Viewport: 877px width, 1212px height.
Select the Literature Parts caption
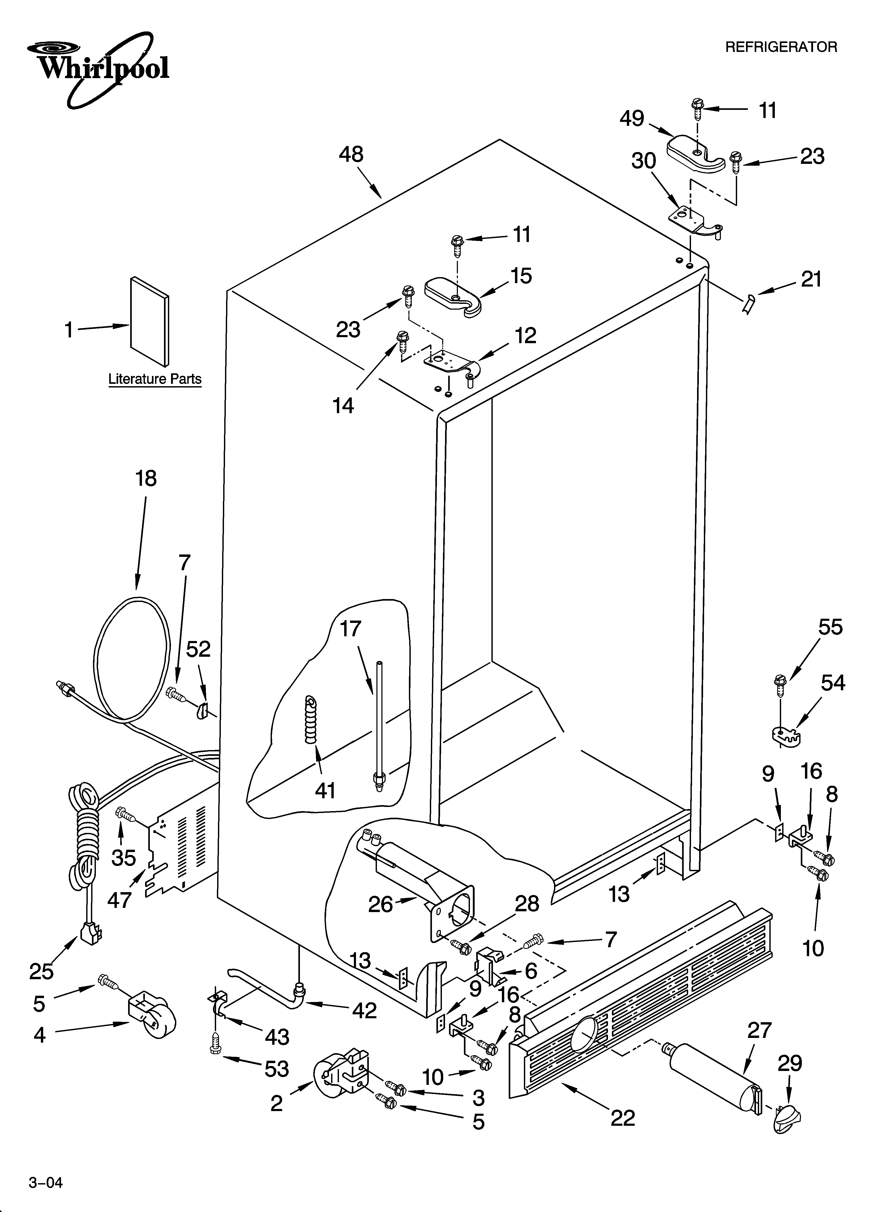pos(155,379)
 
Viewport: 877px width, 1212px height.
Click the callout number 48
pos(351,155)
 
